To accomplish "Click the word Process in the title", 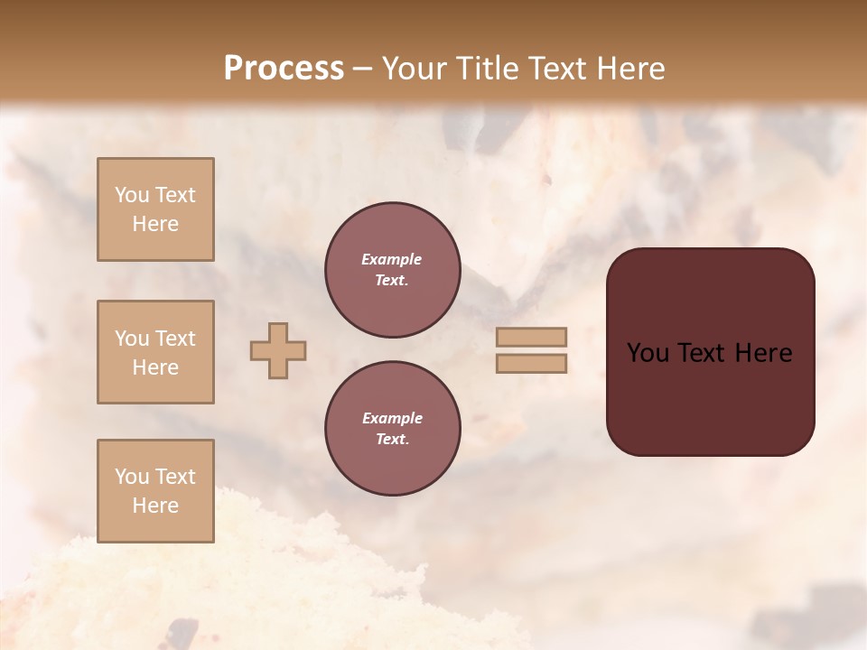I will [x=284, y=69].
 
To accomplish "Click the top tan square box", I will [x=155, y=209].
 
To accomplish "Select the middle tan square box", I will [x=155, y=352].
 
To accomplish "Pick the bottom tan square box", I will [x=155, y=491].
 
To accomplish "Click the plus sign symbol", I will [x=278, y=350].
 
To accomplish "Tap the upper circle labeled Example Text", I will [x=392, y=270].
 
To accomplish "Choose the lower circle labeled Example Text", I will [x=392, y=429].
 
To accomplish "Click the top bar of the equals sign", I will [x=531, y=337].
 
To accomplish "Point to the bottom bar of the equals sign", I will [x=531, y=363].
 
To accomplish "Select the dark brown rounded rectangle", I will [x=710, y=352].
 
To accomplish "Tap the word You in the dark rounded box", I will [x=648, y=353].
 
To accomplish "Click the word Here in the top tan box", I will [x=155, y=224].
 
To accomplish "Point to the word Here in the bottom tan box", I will [x=155, y=506].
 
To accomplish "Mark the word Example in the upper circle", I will [x=392, y=259].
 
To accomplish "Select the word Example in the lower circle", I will [x=392, y=418].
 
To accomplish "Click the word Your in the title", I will [x=416, y=69].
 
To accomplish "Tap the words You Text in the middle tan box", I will [x=155, y=339].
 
